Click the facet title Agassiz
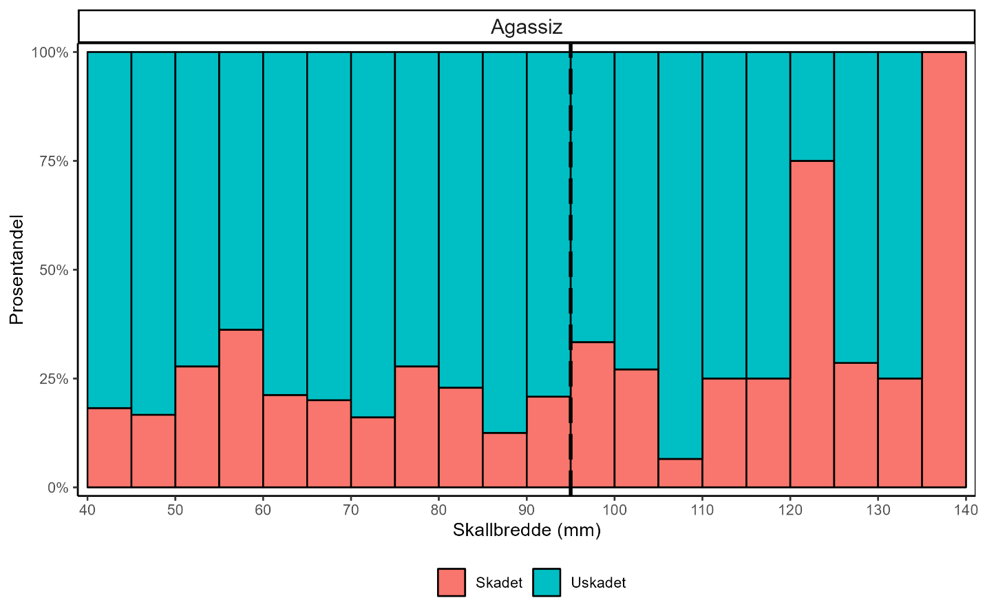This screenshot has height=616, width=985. tap(527, 27)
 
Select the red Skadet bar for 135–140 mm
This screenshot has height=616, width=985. tap(944, 269)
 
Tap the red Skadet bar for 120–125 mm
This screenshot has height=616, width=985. tap(812, 324)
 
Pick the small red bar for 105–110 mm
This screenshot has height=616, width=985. tap(680, 473)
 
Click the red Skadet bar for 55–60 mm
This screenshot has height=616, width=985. tap(241, 409)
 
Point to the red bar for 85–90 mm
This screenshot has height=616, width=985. tap(505, 460)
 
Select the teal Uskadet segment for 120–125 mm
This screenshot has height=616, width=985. tap(812, 106)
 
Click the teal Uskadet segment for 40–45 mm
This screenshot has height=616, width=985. tap(109, 229)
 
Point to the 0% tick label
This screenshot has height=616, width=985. tap(58, 488)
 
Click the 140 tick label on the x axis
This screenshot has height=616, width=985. tap(966, 510)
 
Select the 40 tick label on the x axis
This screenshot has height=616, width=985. tap(87, 510)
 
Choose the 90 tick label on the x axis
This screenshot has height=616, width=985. tap(527, 510)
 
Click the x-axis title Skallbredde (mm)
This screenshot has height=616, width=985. tap(527, 531)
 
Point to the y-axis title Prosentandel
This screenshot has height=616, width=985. tap(17, 269)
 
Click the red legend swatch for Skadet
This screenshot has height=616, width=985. tap(452, 582)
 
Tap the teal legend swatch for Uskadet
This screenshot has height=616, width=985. tap(547, 582)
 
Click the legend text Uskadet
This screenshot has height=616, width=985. tap(598, 583)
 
